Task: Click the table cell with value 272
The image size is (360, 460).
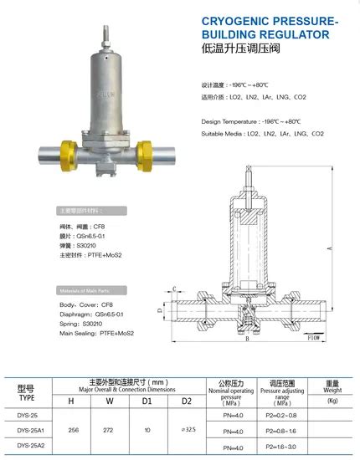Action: pos(109,431)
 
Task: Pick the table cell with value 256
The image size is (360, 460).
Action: pos(71,431)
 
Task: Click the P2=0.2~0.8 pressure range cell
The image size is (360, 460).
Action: pos(281,414)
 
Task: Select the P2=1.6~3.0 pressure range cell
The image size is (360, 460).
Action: pos(281,447)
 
